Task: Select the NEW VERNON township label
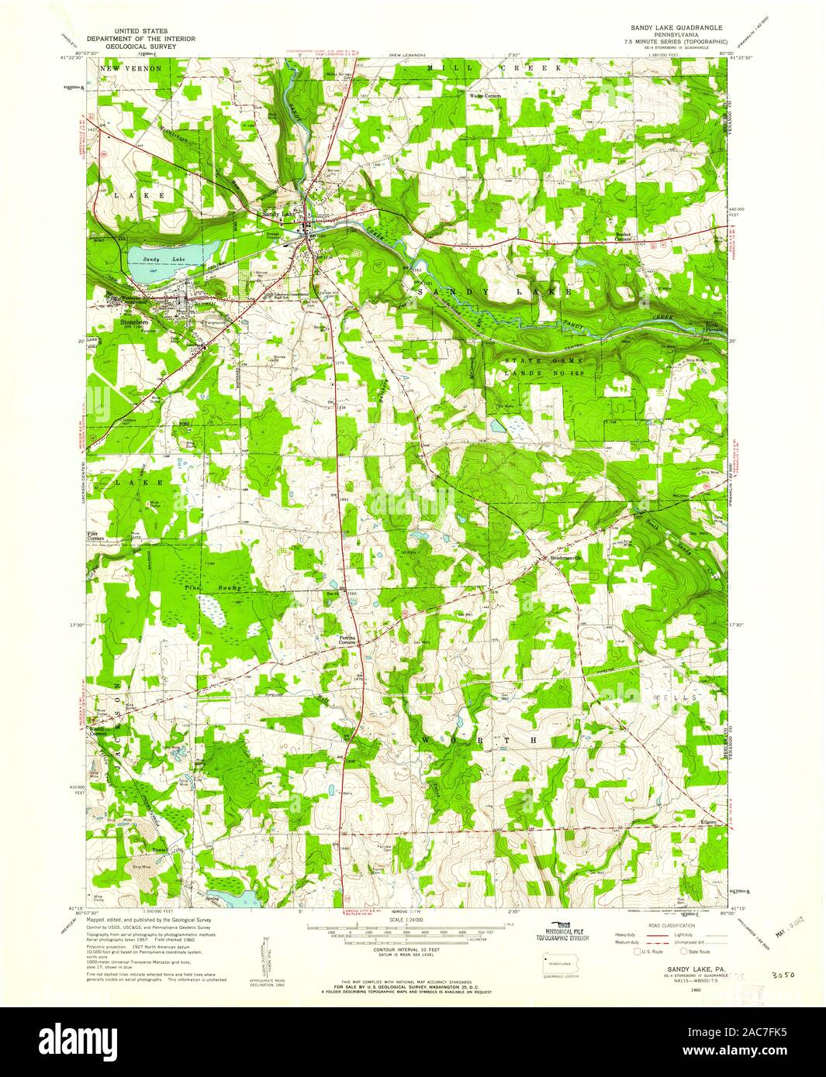130,69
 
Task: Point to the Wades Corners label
486,96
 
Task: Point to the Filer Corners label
97,535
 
